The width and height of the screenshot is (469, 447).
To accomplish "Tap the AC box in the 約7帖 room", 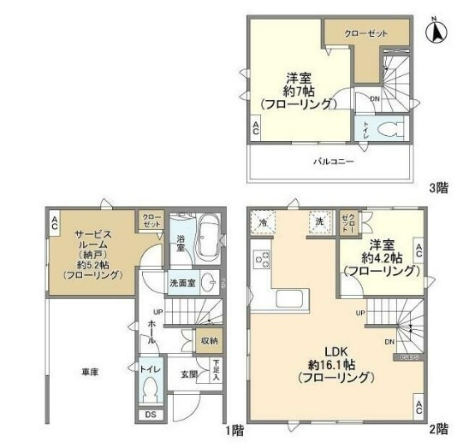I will point(256,128).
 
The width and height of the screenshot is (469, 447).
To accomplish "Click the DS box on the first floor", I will point(151,417).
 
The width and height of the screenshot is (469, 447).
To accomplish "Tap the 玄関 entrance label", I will point(190,373).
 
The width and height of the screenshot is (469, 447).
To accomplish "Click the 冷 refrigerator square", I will point(263,224).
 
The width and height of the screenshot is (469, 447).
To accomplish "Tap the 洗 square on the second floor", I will point(318,221).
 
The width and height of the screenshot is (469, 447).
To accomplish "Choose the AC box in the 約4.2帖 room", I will point(419,251).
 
